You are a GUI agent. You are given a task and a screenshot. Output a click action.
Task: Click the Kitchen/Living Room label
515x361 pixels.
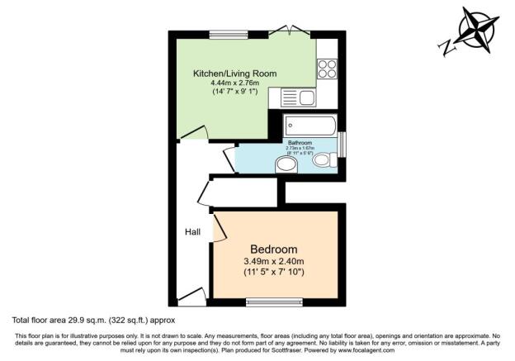234,74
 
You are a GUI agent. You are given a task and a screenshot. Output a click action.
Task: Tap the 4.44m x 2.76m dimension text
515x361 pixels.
234,83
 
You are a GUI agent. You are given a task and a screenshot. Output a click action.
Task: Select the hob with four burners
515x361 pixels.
327,68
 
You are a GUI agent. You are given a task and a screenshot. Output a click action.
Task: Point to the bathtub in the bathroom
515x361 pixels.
310,126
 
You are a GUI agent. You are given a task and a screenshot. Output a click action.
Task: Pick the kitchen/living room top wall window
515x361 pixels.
223,34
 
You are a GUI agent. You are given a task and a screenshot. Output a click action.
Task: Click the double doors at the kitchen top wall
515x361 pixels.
291,31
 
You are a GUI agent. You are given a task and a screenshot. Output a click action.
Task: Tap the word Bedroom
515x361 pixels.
274,249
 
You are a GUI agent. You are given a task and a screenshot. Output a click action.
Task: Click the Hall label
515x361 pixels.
192,232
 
